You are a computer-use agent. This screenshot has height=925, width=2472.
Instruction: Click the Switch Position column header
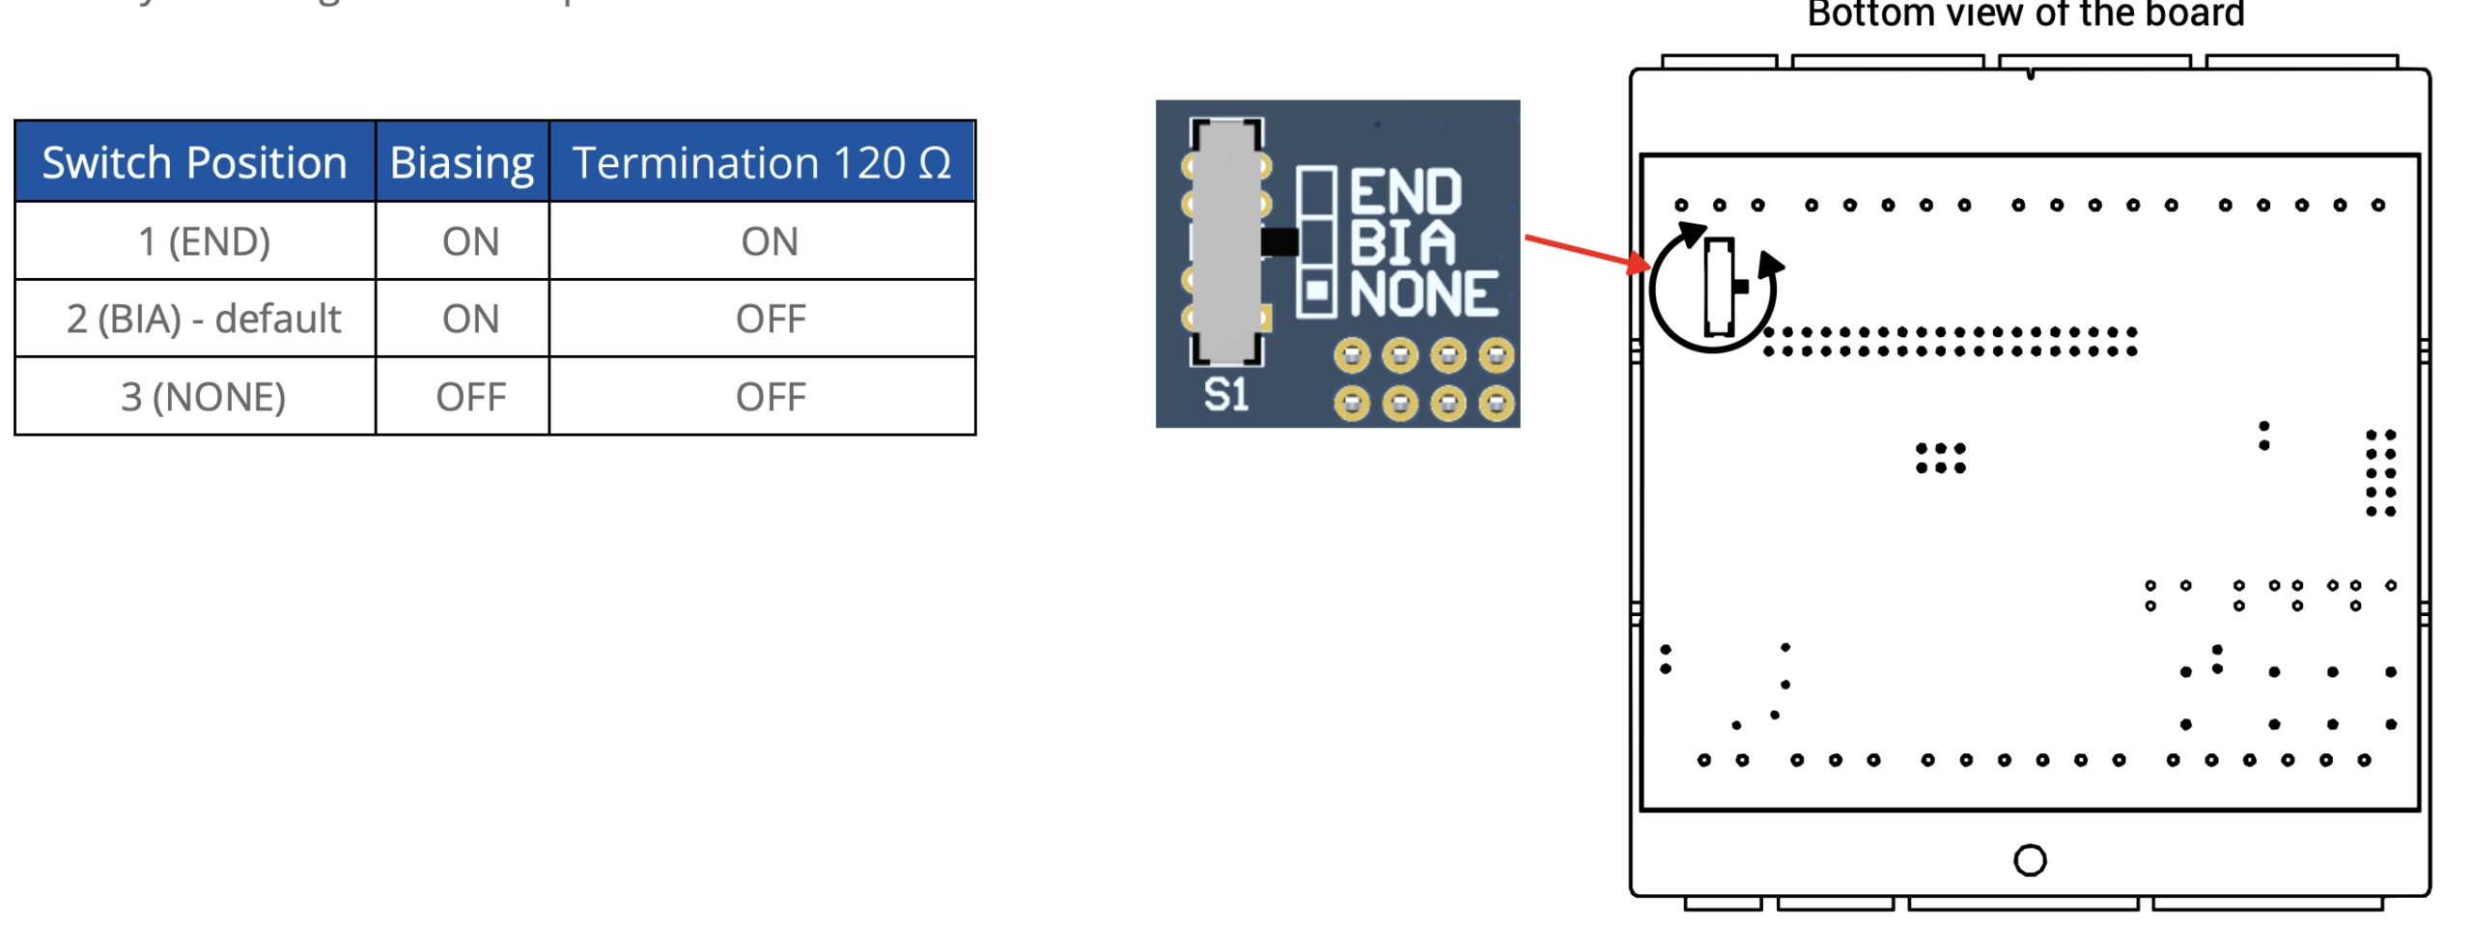click(x=194, y=162)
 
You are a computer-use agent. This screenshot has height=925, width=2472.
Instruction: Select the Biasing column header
click(x=461, y=162)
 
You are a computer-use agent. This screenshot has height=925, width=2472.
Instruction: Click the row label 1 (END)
click(x=204, y=240)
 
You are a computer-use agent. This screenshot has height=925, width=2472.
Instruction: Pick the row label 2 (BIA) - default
click(x=204, y=319)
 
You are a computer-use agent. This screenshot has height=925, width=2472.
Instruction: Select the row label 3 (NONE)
click(x=203, y=396)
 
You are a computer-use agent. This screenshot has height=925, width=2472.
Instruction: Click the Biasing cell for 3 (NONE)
click(x=469, y=396)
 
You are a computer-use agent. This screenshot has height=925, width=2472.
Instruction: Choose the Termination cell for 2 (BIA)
click(x=769, y=319)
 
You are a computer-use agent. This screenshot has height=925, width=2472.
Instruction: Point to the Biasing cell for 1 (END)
click(x=469, y=240)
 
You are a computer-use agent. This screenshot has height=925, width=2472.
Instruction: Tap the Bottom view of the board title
click(x=2024, y=14)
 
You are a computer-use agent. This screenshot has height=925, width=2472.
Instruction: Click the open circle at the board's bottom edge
click(x=2028, y=858)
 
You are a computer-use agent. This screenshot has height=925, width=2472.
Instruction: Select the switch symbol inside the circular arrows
click(x=1717, y=286)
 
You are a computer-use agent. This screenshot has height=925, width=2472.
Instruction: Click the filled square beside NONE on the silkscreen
click(x=1315, y=290)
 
